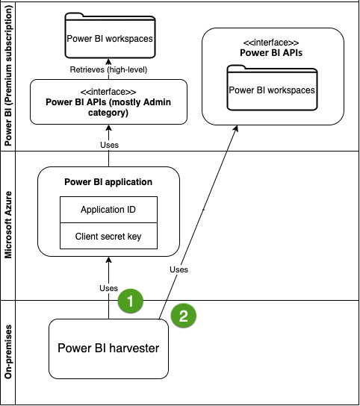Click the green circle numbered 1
(x=131, y=301)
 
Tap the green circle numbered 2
(x=184, y=316)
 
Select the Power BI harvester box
(x=108, y=349)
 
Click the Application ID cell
(x=108, y=210)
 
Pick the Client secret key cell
(x=108, y=236)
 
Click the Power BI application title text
(x=108, y=182)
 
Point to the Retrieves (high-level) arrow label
(x=108, y=69)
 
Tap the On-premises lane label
(x=8, y=352)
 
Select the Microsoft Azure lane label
(x=8, y=225)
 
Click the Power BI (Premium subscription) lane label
(x=8, y=75)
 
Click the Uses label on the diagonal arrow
(x=179, y=269)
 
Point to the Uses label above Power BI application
(x=109, y=145)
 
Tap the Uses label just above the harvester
(x=108, y=288)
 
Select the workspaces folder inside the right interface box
(x=272, y=88)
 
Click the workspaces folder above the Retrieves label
(x=110, y=36)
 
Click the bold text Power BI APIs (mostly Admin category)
(x=108, y=107)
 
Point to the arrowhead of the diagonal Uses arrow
(x=236, y=128)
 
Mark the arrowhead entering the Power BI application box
(x=108, y=260)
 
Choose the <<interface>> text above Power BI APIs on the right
(x=271, y=43)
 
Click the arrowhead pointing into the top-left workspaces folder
(x=108, y=62)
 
